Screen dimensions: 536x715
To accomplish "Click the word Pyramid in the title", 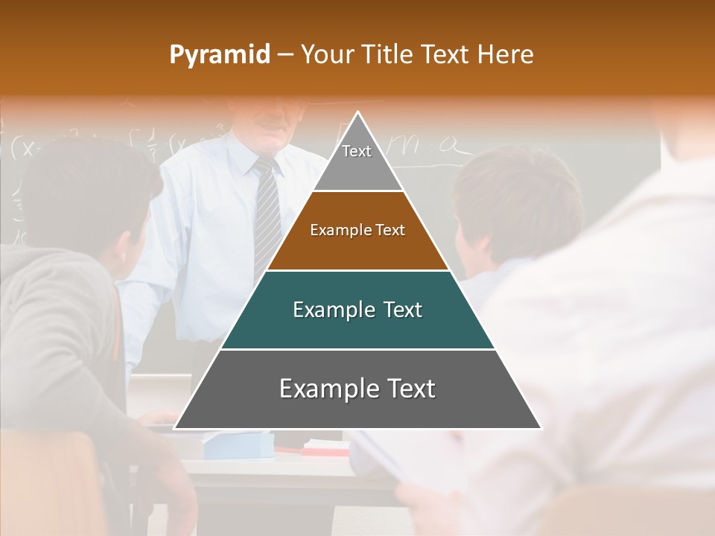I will [x=219, y=55].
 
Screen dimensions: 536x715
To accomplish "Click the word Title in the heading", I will [x=387, y=54].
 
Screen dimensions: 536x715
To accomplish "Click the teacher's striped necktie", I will [x=266, y=216].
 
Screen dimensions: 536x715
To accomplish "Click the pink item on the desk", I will [x=325, y=449].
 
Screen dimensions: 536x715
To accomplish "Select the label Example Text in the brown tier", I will [x=357, y=230].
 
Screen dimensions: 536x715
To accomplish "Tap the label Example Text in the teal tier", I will [x=357, y=310].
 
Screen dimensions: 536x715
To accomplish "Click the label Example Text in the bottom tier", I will [x=357, y=389].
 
